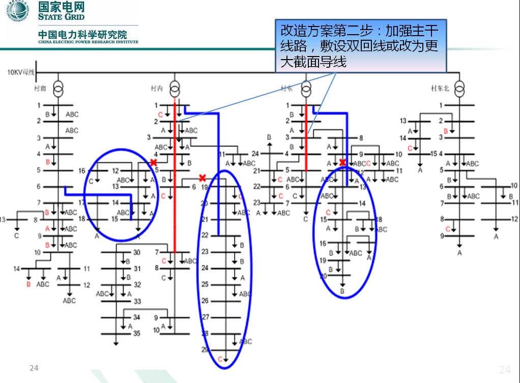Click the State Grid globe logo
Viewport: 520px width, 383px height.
18,11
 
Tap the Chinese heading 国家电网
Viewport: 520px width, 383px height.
62,7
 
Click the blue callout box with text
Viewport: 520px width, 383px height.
360,46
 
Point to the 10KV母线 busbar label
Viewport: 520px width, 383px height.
21,72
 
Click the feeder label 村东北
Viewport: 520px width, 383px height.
440,89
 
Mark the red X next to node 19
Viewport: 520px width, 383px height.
202,178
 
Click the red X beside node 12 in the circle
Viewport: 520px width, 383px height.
153,162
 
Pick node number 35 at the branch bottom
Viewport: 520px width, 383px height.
136,334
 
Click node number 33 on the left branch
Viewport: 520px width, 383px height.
137,301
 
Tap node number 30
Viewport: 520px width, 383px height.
136,253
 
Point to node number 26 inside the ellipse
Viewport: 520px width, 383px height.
205,300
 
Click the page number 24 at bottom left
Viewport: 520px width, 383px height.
34,368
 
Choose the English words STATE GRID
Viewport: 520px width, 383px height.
62,17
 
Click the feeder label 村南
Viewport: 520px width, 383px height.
40,89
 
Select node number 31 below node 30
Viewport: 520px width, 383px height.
137,268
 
